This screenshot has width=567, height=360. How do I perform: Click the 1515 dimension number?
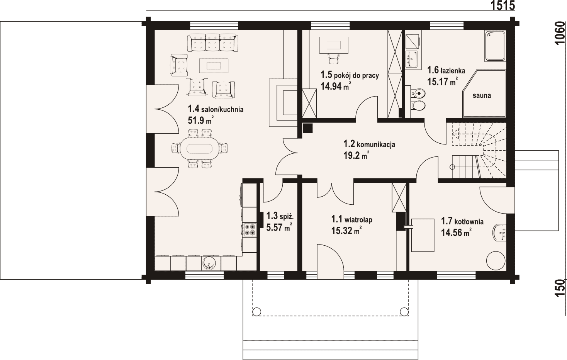503,5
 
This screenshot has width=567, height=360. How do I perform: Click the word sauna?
482,95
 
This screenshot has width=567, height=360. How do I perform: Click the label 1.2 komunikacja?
369,144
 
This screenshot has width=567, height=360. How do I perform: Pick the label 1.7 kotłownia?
462,221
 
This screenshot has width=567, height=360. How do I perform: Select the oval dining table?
199,148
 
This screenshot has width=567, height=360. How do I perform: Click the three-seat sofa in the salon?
212,43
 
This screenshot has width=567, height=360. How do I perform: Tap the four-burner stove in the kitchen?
250,229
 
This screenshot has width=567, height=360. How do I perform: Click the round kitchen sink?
209,263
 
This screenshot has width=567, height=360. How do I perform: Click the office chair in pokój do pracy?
334,59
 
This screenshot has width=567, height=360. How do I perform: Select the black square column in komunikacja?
308,128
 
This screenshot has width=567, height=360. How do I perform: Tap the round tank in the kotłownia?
496,260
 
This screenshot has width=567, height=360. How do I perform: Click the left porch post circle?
257,311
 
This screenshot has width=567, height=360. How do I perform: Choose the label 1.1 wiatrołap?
352,219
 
